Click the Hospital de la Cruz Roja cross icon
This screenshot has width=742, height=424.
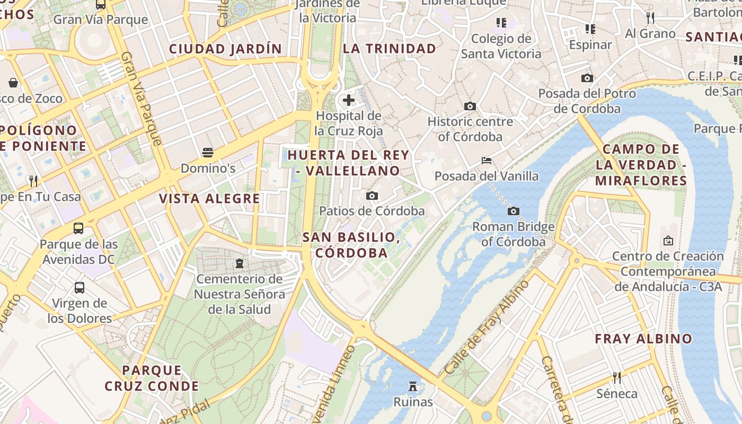click(349, 100)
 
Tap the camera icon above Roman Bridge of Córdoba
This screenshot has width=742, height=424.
click(513, 211)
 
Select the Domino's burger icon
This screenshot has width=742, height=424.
click(208, 153)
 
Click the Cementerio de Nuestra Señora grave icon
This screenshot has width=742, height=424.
click(239, 263)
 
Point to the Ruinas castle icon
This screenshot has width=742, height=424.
click(413, 386)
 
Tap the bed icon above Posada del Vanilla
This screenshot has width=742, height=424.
click(487, 161)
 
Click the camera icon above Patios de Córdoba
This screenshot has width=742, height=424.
click(372, 196)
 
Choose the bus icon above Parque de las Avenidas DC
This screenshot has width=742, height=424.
click(78, 228)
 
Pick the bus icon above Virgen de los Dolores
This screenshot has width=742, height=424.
click(79, 288)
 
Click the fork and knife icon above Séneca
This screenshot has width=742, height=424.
click(617, 378)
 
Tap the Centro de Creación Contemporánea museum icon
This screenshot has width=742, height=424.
click(668, 241)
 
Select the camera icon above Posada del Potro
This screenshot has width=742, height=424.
click(587, 78)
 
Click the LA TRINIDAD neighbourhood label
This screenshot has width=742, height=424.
click(390, 49)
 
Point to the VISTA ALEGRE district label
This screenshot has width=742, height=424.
click(209, 199)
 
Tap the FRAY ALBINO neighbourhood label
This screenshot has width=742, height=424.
click(643, 339)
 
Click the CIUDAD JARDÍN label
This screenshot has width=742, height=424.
click(225, 49)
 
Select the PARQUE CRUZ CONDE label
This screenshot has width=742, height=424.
click(152, 378)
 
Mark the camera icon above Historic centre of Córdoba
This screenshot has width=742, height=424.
click(470, 107)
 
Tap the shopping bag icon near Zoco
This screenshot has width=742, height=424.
click(13, 83)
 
